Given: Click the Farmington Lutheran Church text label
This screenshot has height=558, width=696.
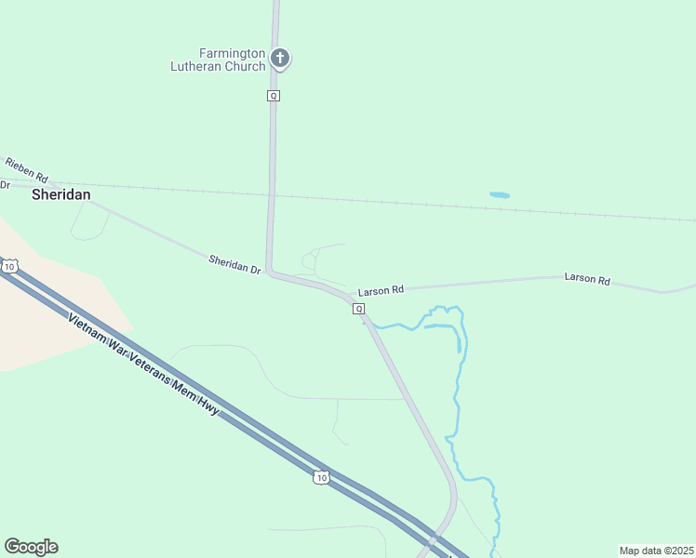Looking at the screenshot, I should [x=218, y=60].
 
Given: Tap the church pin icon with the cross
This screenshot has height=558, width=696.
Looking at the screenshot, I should [x=280, y=59].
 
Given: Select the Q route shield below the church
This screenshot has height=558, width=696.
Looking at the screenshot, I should [x=273, y=96].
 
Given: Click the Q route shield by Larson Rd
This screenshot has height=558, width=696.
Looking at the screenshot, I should [x=358, y=309].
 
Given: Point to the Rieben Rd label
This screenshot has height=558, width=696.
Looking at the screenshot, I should [x=26, y=168].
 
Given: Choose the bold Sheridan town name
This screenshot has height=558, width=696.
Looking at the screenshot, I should [x=61, y=194].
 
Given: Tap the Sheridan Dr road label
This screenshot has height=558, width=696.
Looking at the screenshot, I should [x=234, y=264].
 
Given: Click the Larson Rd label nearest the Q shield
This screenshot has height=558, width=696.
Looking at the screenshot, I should [x=381, y=290].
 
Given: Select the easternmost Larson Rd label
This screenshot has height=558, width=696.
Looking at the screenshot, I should [x=587, y=279].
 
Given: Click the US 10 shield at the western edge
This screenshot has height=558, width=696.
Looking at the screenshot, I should [x=9, y=267].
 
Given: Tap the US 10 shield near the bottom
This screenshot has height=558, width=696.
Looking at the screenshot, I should [x=320, y=478].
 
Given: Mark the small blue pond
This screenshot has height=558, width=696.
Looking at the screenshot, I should [x=500, y=195].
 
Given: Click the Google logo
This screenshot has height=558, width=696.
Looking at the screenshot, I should [x=31, y=547].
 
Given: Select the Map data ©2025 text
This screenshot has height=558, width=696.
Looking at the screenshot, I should [x=656, y=551].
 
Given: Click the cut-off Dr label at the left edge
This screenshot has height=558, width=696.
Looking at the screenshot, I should [x=5, y=185].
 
